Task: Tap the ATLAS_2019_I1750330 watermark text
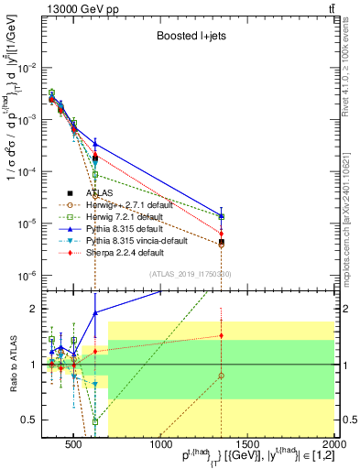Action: pos(190,274)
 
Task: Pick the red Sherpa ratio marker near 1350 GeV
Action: pos(221,335)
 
